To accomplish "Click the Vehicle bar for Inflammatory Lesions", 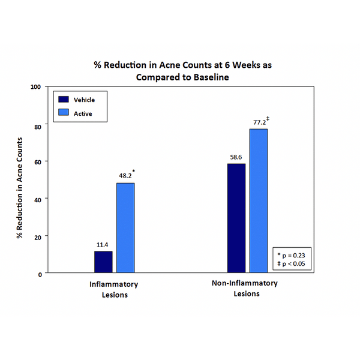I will click(x=103, y=262).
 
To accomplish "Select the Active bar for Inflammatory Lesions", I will click(x=125, y=227).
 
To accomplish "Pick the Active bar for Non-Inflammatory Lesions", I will click(x=259, y=200).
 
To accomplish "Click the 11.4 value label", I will click(x=103, y=245).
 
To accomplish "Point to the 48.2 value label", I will click(x=125, y=177).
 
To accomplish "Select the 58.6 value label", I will click(x=236, y=158).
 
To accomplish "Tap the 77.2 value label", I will click(x=259, y=122).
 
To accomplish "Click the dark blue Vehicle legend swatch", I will click(x=63, y=100).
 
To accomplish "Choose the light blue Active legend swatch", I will click(x=63, y=113).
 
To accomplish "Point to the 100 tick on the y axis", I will click(x=35, y=87).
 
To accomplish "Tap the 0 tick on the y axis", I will click(x=39, y=274).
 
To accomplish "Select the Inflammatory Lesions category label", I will click(x=114, y=289).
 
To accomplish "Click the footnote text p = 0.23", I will click(x=294, y=254).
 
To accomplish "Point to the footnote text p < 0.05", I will click(x=294, y=263).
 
